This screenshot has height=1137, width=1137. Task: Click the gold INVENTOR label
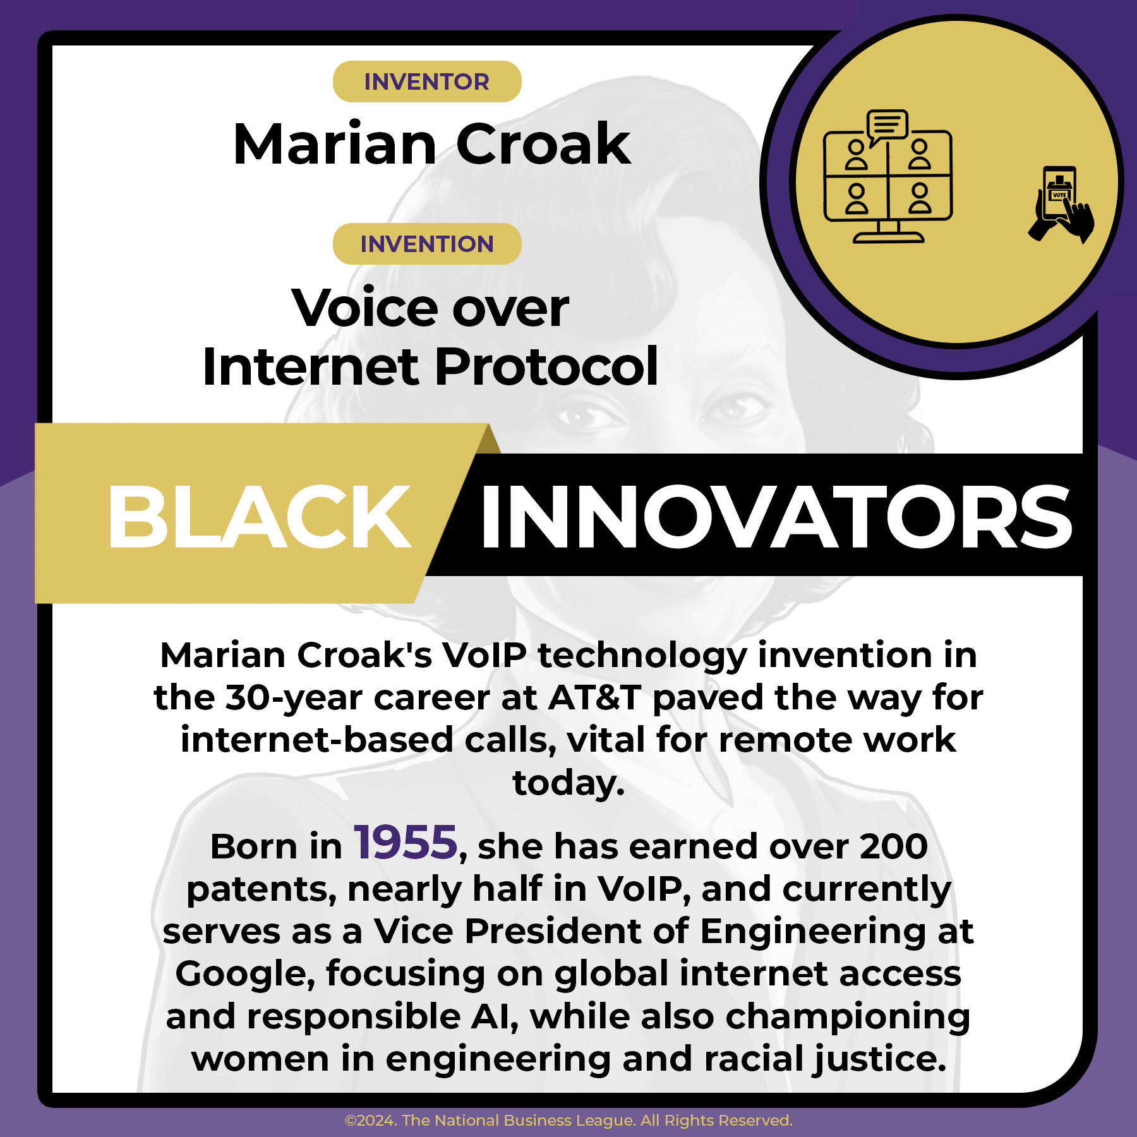point(427,81)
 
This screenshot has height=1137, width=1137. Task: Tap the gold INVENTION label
point(427,244)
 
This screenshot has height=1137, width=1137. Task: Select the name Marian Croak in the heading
point(432,144)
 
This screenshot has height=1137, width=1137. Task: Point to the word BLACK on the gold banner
point(259,517)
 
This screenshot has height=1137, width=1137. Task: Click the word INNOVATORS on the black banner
point(776,517)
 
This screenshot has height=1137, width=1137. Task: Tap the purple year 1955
point(405,843)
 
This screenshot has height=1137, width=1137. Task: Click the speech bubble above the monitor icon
point(887,125)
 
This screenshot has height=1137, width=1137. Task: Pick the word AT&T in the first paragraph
point(594,698)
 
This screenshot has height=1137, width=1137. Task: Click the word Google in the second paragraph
point(244,973)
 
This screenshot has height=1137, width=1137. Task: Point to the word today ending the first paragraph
point(568,783)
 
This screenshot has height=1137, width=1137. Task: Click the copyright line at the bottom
point(568,1121)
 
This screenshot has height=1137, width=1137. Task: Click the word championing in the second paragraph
point(847,1016)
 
